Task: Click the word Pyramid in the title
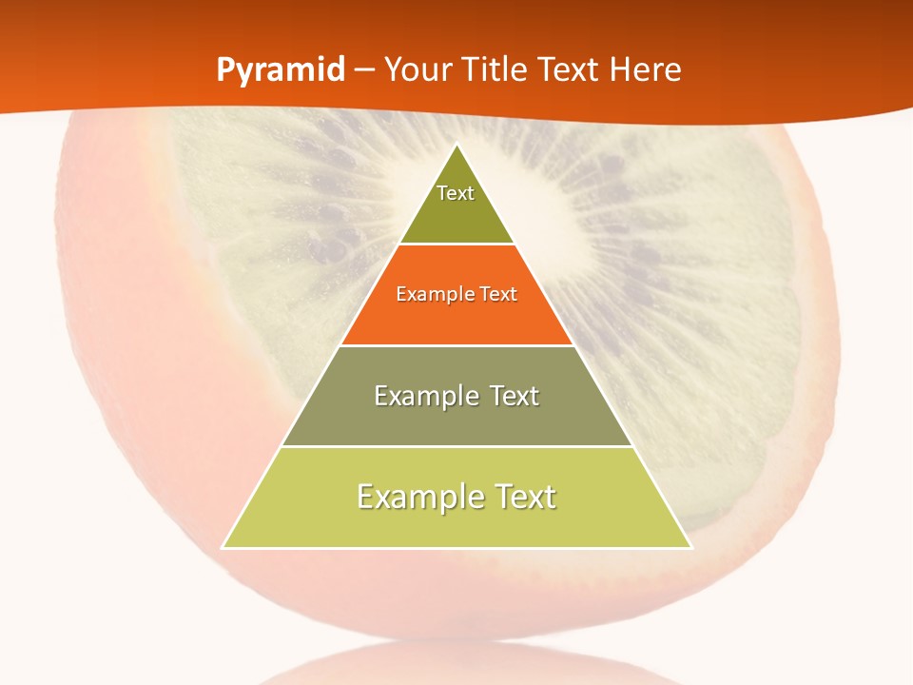coord(281,70)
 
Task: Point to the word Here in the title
coord(646,70)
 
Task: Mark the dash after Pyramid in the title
coord(365,71)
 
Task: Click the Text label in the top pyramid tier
coord(456,193)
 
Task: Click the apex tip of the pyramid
coord(457,146)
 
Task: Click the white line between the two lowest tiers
coord(456,446)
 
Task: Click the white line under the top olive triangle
coord(456,245)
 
